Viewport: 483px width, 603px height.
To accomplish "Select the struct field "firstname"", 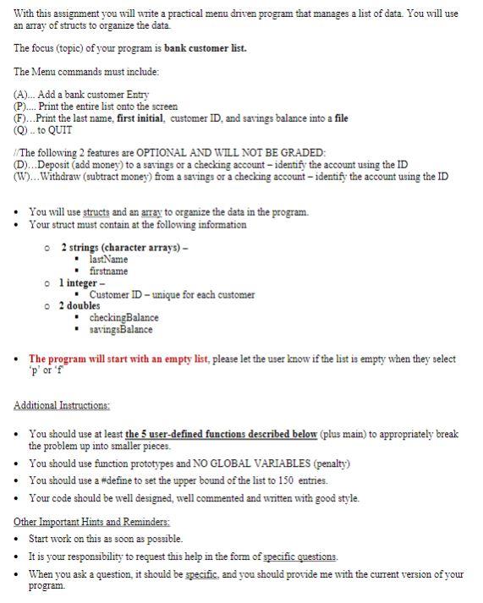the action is point(108,271).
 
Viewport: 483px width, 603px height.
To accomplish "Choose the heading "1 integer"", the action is point(81,282).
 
